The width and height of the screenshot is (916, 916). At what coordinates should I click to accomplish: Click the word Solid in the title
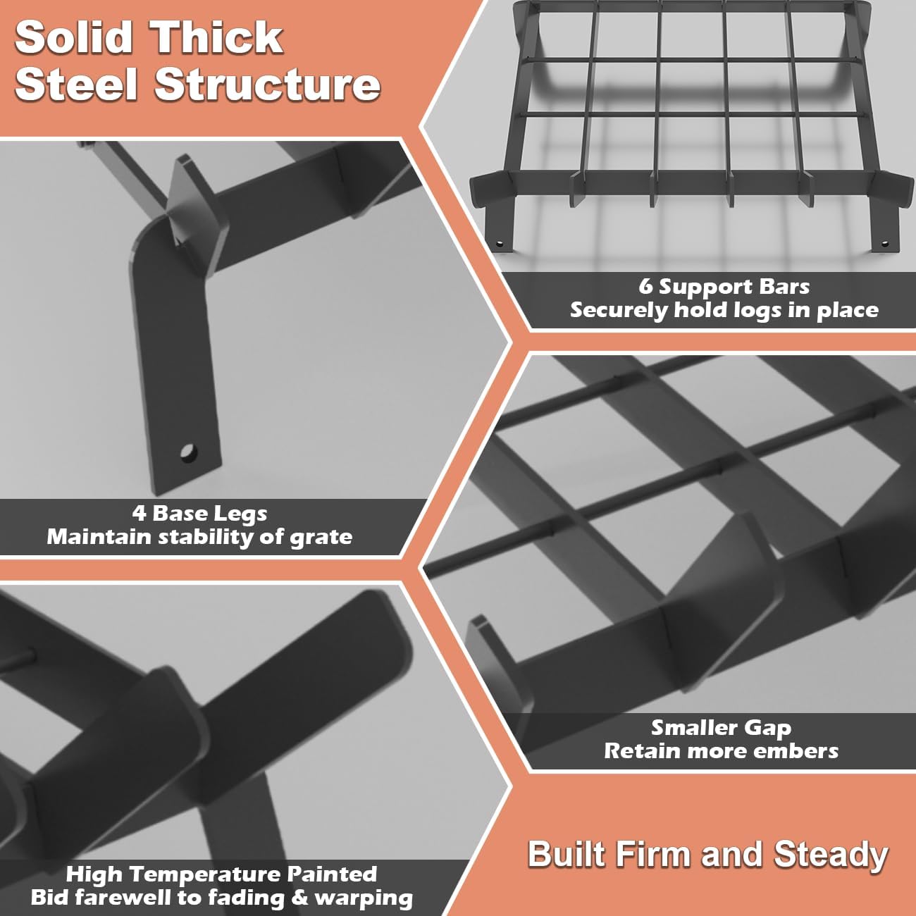click(x=74, y=37)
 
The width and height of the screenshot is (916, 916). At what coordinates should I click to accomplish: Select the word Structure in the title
click(x=267, y=85)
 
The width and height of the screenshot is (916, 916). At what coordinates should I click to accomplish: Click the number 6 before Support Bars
click(x=645, y=287)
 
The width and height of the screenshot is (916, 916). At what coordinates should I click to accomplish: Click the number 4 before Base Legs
click(x=139, y=514)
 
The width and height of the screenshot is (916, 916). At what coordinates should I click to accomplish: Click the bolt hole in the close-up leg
click(x=188, y=453)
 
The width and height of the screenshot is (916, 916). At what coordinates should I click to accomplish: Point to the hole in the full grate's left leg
click(x=500, y=244)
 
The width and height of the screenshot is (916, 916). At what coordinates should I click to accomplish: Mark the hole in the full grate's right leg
click(x=884, y=244)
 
